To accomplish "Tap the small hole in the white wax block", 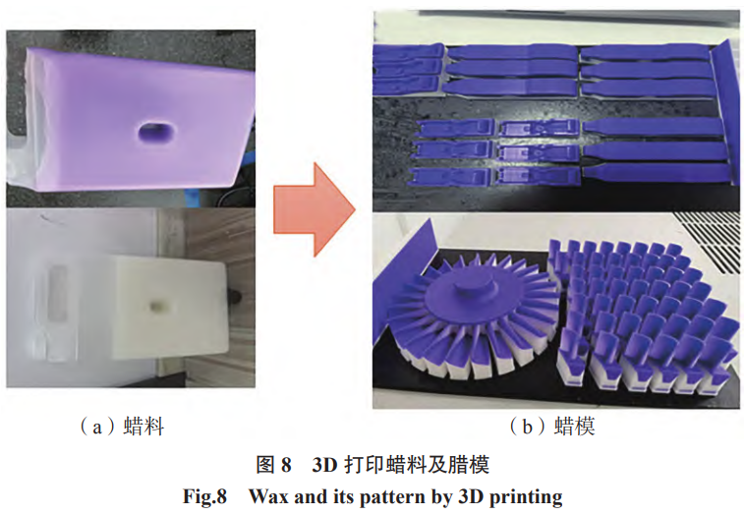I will (156, 306).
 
